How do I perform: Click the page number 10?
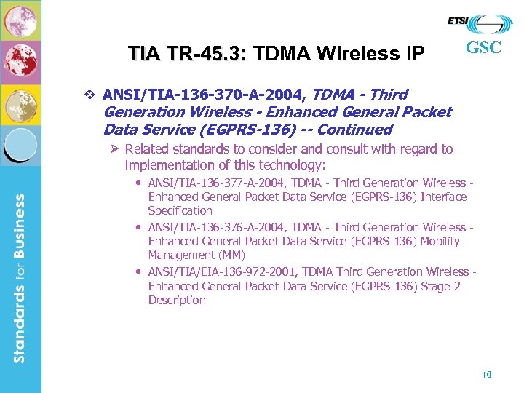(x=487, y=375)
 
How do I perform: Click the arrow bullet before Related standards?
(x=115, y=149)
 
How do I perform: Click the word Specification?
(x=180, y=210)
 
